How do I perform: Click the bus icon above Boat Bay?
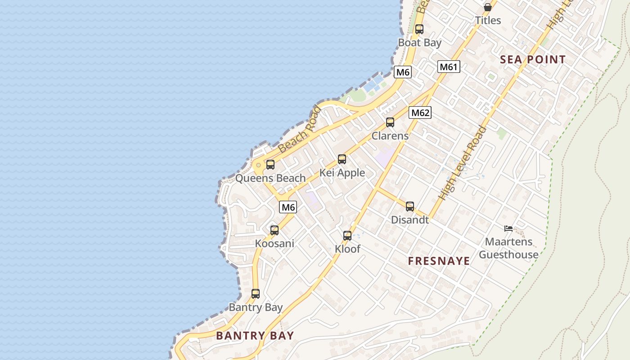[419, 29]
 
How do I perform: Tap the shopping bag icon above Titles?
[487, 7]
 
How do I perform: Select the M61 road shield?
[448, 67]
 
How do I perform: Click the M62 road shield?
[420, 112]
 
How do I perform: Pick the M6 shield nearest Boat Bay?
[403, 72]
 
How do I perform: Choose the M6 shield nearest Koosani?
[288, 207]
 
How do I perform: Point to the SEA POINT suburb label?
[533, 59]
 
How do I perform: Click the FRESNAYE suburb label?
[439, 261]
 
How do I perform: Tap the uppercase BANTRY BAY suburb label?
[255, 335]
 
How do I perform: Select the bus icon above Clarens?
[390, 122]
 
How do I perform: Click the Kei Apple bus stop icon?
[342, 159]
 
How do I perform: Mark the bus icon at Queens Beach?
[270, 165]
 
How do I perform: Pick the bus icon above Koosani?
[274, 230]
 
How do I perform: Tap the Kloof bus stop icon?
[347, 236]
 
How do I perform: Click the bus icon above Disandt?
[410, 207]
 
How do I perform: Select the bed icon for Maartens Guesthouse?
[508, 229]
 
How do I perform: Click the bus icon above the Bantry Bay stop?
[256, 294]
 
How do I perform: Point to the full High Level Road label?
[463, 163]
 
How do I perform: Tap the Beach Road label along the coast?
[300, 129]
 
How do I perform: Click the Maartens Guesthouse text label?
[508, 248]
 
